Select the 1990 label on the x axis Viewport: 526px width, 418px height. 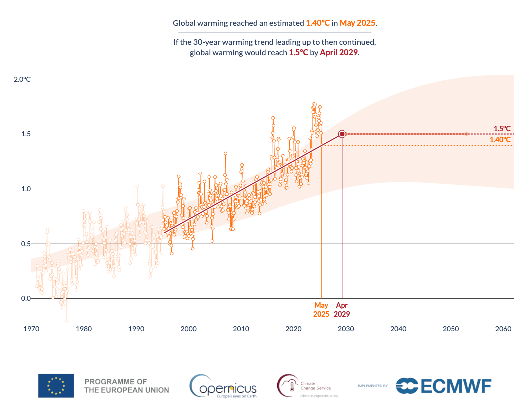(136, 329)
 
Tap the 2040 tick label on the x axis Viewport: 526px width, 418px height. (398, 329)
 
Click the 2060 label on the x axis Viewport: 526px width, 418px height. (503, 329)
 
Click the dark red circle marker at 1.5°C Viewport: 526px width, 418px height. (342, 134)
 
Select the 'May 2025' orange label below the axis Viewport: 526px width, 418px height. (321, 310)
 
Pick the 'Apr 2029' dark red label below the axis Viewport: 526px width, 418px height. (342, 310)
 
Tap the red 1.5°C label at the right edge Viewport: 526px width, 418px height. (502, 128)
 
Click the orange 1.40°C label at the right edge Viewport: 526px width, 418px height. (500, 140)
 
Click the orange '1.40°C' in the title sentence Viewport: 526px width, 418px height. (318, 23)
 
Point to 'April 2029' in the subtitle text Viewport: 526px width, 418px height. (339, 52)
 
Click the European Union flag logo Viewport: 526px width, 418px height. (56, 386)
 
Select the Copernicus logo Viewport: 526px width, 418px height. (223, 386)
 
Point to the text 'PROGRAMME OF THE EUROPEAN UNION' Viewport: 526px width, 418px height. (127, 386)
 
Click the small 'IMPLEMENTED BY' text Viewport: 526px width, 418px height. (373, 386)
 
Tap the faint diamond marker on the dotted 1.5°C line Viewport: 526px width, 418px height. (466, 134)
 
